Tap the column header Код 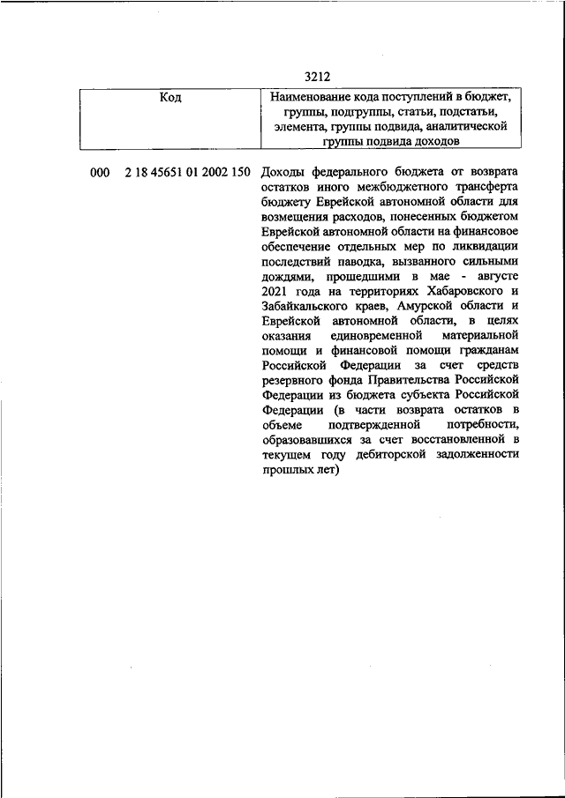(x=170, y=97)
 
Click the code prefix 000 (x=100, y=172)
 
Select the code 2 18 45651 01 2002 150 (x=187, y=172)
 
